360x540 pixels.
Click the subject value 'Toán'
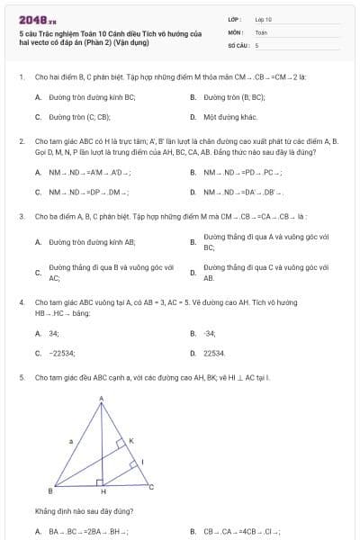pos(261,31)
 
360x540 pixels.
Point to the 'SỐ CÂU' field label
pos(237,44)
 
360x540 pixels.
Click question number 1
pos(21,76)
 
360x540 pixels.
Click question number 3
pos(21,216)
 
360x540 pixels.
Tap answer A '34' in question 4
pos(54,333)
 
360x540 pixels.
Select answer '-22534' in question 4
pos(62,354)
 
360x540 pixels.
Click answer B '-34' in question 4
pos(210,333)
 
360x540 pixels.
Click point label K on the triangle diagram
pos(130,440)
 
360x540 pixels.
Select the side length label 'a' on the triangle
pos(70,442)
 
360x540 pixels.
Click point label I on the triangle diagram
pos(142,463)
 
